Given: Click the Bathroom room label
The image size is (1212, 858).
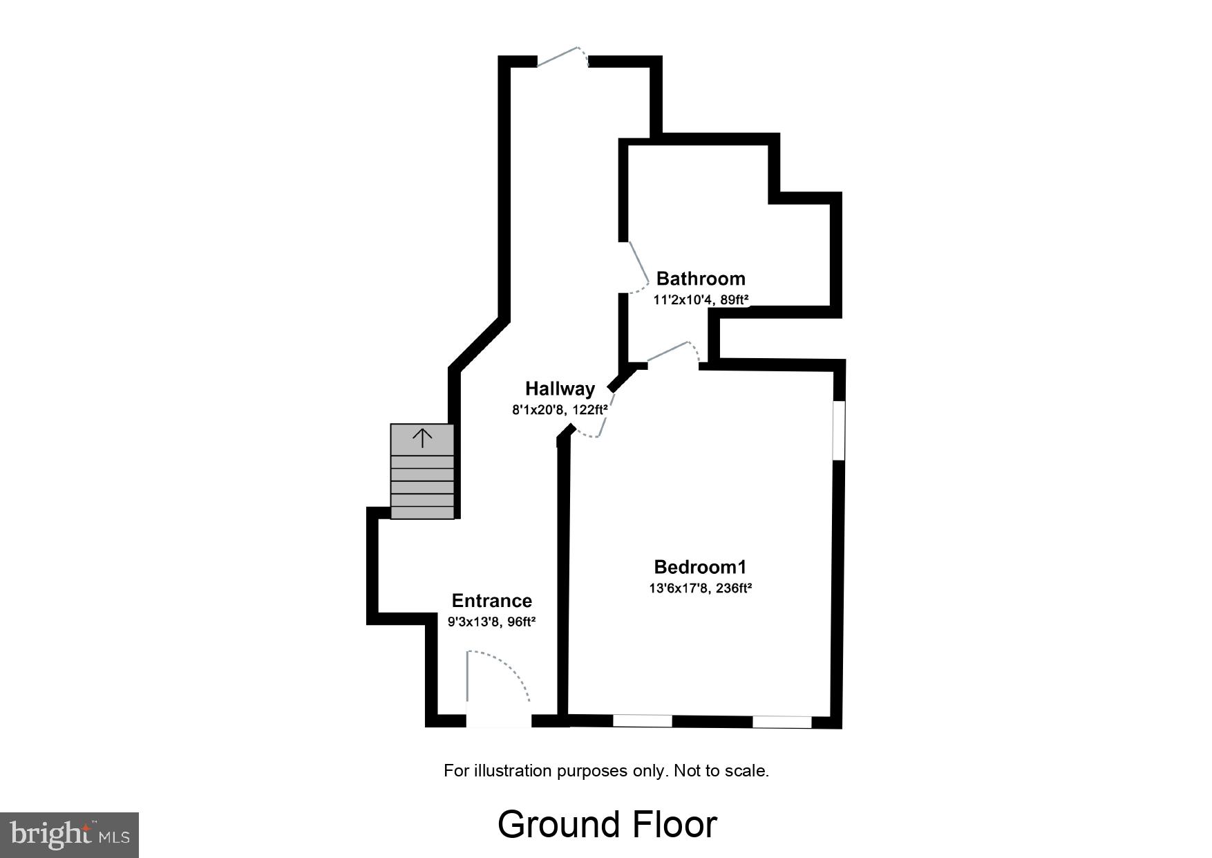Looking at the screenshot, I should click(701, 279).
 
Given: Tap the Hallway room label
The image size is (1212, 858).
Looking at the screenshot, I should click(560, 389).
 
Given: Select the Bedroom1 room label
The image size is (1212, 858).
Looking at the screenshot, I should click(701, 568).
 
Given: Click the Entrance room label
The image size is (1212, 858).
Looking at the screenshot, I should click(492, 601).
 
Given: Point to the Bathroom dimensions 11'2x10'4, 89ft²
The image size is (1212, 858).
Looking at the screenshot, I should click(701, 300).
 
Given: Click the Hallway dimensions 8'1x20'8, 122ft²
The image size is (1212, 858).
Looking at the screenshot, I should click(560, 410).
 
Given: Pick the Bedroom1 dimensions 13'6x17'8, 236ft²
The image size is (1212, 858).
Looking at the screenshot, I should click(701, 588).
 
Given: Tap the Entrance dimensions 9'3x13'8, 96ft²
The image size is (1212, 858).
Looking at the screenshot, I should click(492, 622).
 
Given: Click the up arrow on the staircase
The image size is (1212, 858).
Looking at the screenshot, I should click(422, 438).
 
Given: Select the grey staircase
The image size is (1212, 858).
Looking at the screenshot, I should click(422, 477).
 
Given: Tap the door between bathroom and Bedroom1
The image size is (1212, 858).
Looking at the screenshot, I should click(674, 353).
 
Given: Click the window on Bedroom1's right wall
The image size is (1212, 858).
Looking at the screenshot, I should click(838, 430).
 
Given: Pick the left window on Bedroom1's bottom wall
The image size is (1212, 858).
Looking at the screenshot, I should click(643, 721).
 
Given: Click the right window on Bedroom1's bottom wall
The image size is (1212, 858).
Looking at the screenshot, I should click(782, 722).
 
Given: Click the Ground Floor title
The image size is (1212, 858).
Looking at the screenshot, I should click(607, 824).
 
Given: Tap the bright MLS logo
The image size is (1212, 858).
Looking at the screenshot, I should click(70, 834).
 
